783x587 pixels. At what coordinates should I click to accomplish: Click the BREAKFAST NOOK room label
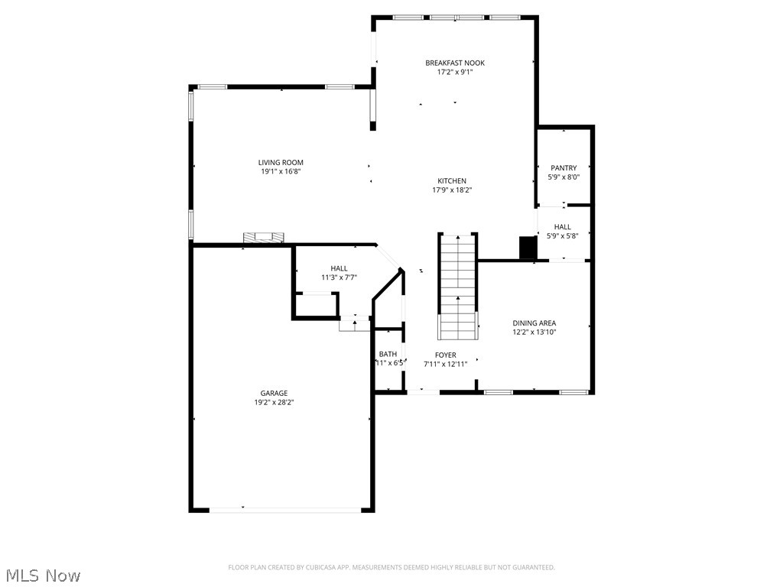(455, 63)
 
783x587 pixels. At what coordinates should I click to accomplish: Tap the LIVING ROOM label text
(281, 162)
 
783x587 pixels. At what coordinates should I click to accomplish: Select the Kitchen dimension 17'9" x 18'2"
(452, 190)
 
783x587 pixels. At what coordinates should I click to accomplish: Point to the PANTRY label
(564, 168)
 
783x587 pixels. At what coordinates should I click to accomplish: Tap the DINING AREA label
(534, 323)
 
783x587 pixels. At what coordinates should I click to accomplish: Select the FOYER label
(445, 355)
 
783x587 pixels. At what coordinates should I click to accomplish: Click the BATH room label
(388, 354)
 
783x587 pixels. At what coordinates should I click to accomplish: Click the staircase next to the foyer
(457, 287)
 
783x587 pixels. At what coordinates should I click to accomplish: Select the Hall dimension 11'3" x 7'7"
(339, 277)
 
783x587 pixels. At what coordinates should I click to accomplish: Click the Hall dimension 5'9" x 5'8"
(562, 236)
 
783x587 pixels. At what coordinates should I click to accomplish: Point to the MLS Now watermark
(43, 575)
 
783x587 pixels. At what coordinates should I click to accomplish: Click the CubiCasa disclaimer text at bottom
(391, 567)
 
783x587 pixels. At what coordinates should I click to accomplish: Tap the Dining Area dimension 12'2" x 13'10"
(534, 332)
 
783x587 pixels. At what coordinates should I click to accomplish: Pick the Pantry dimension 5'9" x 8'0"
(564, 177)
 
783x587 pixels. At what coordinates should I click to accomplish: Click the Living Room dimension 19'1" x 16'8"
(281, 172)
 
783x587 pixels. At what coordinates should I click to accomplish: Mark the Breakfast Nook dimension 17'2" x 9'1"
(455, 72)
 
